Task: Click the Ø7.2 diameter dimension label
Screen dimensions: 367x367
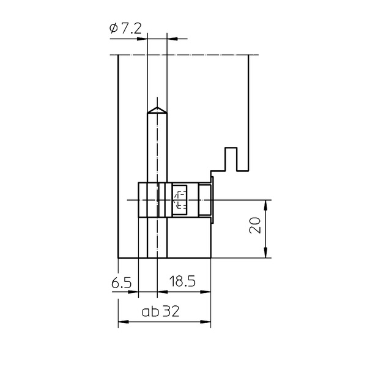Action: pyautogui.click(x=125, y=29)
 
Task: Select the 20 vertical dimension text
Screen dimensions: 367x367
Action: pyautogui.click(x=255, y=225)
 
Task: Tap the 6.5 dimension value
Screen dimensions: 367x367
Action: pyautogui.click(x=121, y=283)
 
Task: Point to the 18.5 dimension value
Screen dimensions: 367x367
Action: pyautogui.click(x=182, y=281)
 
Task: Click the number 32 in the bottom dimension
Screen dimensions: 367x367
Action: pyautogui.click(x=171, y=311)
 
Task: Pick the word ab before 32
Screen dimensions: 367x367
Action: pyautogui.click(x=150, y=311)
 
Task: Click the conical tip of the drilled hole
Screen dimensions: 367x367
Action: pyautogui.click(x=157, y=109)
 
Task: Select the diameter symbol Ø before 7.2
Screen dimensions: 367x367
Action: pyautogui.click(x=114, y=29)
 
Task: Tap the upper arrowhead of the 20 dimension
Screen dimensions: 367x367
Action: pyautogui.click(x=265, y=206)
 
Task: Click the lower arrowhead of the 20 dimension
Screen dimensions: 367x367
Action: pyautogui.click(x=265, y=253)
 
